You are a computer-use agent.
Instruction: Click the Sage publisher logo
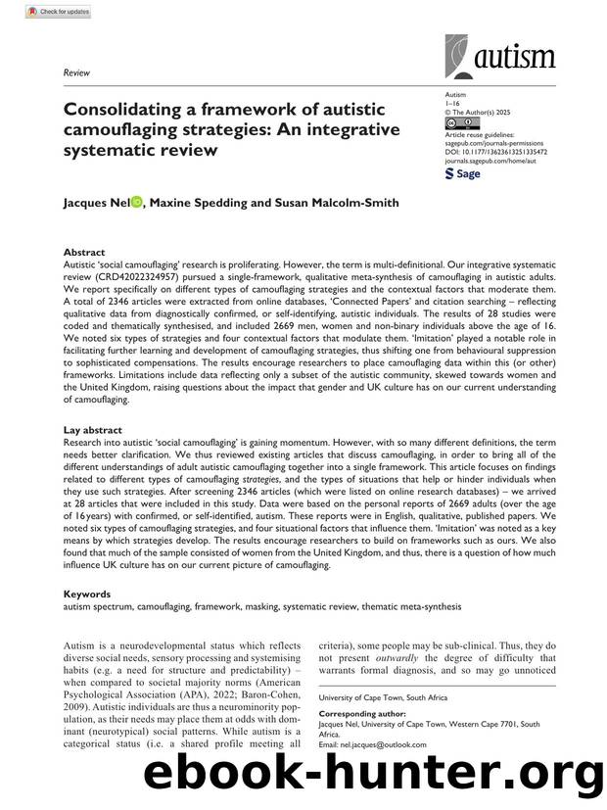pyautogui.click(x=463, y=173)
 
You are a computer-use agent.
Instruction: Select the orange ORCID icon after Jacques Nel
pyautogui.click(x=136, y=203)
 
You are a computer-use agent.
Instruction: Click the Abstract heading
pyautogui.click(x=83, y=252)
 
